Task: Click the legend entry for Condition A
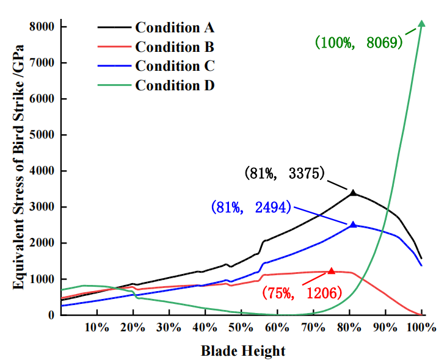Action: point(175,27)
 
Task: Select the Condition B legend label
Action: point(175,46)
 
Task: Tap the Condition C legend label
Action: point(175,66)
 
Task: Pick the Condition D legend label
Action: point(175,85)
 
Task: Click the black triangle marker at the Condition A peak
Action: point(353,193)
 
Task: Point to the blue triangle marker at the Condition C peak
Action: point(353,225)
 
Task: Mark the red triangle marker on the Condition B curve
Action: point(332,271)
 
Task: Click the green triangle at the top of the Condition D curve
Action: point(421,23)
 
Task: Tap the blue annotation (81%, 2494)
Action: point(251,207)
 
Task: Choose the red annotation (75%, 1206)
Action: point(301,292)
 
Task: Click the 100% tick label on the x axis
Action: point(421,327)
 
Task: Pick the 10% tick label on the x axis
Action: point(96,327)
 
